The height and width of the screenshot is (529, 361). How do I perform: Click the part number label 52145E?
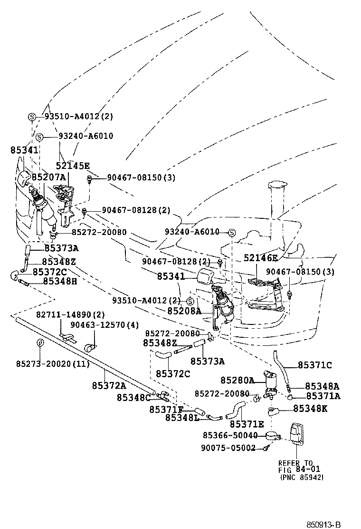pyautogui.click(x=73, y=166)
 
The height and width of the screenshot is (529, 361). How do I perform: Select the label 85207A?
pyautogui.click(x=48, y=177)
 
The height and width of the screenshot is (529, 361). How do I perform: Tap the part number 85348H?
pyautogui.click(x=59, y=281)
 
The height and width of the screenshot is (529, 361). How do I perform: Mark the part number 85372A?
pyautogui.click(x=109, y=385)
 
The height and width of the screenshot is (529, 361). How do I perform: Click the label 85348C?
pyautogui.click(x=134, y=397)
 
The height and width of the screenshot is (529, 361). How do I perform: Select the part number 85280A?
pyautogui.click(x=237, y=380)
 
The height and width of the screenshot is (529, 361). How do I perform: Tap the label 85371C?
pyautogui.click(x=315, y=365)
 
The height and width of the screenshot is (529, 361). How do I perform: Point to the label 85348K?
pyautogui.click(x=310, y=408)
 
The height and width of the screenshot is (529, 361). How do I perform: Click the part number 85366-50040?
pyautogui.click(x=230, y=435)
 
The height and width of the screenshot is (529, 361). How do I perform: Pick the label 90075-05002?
pyautogui.click(x=228, y=448)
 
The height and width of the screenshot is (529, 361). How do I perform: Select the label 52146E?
pyautogui.click(x=260, y=258)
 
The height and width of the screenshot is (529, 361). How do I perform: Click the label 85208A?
pyautogui.click(x=184, y=311)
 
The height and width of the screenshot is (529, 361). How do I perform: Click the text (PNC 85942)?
pyautogui.click(x=302, y=477)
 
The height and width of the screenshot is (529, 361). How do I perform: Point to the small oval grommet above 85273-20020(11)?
pyautogui.click(x=40, y=344)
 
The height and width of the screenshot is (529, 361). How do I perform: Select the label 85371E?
pyautogui.click(x=247, y=423)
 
